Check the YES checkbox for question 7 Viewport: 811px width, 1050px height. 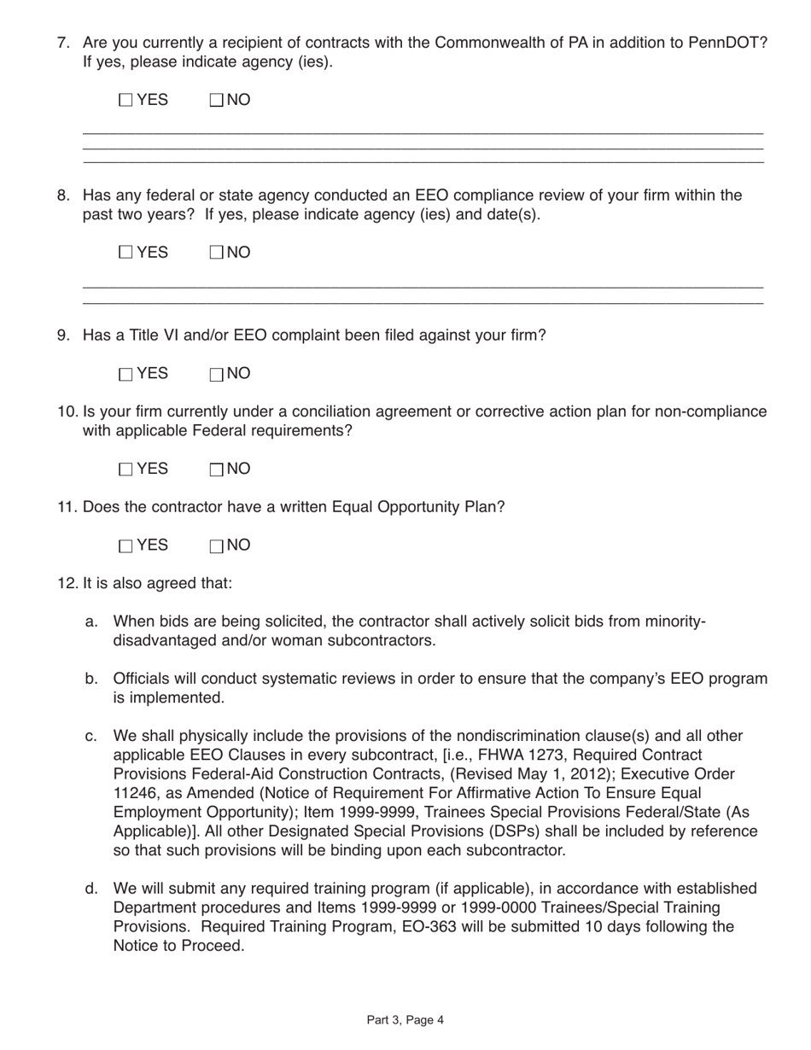pos(125,101)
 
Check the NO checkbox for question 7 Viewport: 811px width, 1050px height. pos(216,101)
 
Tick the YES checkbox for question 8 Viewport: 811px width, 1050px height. pos(125,252)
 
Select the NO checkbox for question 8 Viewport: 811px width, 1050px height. pos(216,252)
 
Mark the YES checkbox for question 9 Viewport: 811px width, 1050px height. pos(125,374)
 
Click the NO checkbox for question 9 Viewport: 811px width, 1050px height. pos(216,374)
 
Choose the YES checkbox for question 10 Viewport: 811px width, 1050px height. pos(125,470)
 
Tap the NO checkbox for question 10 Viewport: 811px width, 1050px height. pos(216,470)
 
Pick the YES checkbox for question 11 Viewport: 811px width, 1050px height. pos(125,546)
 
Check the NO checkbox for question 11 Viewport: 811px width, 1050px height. pos(216,546)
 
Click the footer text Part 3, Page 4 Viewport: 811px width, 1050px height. pos(405,1019)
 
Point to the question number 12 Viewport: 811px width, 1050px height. pos(67,584)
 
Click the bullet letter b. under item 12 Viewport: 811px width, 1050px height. pos(91,680)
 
